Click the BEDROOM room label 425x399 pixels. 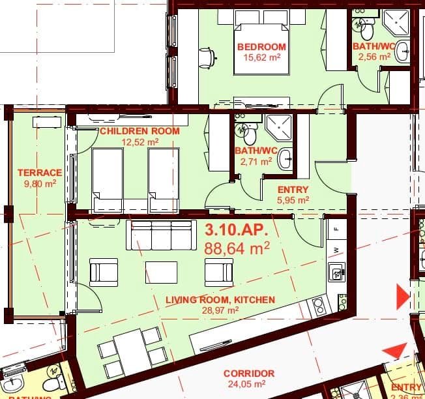point(261,47)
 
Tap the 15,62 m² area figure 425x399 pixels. point(261,57)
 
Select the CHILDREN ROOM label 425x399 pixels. point(139,131)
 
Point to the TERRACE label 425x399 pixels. point(40,173)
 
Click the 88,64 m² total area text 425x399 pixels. point(237,248)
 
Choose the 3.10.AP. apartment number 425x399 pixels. point(232,231)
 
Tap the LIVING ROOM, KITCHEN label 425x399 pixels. point(220,300)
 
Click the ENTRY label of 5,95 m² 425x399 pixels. point(293,190)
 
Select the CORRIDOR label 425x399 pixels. point(248,374)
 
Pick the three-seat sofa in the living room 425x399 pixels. point(162,235)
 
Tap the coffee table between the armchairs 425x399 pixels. point(162,271)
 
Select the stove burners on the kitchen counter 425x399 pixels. point(319,304)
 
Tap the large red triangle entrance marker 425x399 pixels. point(402,297)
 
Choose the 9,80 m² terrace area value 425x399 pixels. point(39,184)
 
